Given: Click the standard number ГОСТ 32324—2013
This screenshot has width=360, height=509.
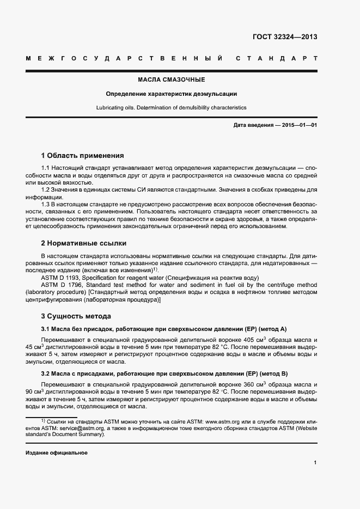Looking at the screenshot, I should point(285,37).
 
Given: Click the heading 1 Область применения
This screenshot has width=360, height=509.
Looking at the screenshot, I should point(83,155).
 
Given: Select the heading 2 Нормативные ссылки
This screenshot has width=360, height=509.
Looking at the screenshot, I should point(84,243).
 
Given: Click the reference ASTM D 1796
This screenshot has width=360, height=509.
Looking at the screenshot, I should point(59,285).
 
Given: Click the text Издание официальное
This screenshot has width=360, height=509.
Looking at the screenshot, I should point(57,453).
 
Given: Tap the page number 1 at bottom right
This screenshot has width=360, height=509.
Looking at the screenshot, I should point(315,463).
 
